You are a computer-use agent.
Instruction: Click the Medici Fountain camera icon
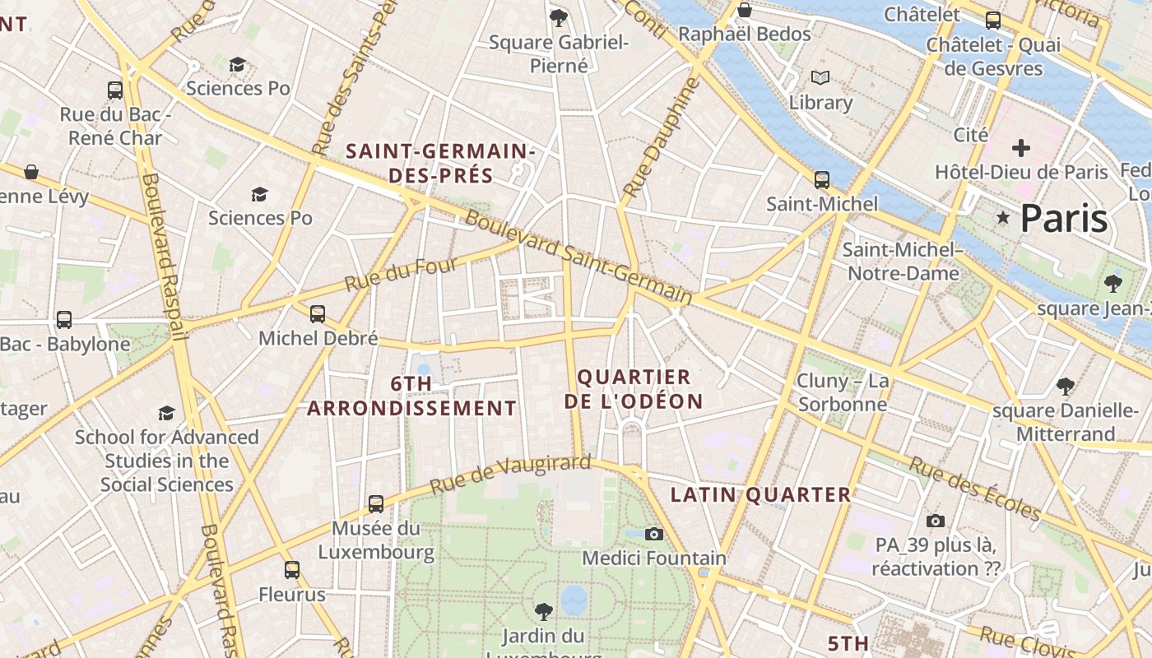pos(654,534)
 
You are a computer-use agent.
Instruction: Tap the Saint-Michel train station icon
pos(821,179)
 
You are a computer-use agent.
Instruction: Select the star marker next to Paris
pos(1003,218)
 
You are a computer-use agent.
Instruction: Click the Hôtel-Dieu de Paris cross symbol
pos(1021,148)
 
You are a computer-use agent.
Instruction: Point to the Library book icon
pos(820,78)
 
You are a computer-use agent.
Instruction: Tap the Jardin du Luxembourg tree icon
pos(543,611)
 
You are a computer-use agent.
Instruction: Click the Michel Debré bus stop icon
pos(318,313)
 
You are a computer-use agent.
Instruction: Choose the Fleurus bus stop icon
pos(292,569)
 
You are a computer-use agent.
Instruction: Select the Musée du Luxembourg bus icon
pos(376,503)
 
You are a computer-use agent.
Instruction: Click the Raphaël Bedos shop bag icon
pos(745,10)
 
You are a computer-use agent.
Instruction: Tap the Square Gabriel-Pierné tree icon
pos(559,17)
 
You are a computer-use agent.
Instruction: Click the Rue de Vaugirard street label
pos(510,474)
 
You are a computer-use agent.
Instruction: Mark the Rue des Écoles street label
pos(975,489)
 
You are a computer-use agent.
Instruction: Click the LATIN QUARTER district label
pos(760,494)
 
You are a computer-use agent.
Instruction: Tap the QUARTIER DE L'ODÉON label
pos(639,389)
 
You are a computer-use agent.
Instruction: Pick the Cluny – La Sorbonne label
pos(843,392)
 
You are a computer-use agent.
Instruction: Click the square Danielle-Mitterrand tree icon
pos(1066,386)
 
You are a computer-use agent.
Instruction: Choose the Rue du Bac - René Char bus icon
pos(115,90)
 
